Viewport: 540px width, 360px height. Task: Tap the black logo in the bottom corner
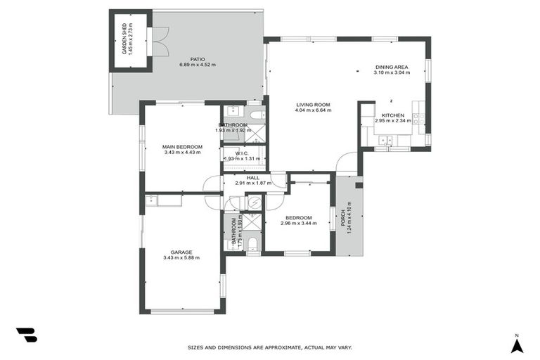click(x=26, y=335)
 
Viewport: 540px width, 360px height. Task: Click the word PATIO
click(x=198, y=59)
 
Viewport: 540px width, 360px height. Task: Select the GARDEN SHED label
click(x=124, y=39)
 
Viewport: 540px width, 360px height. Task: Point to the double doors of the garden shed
click(x=161, y=41)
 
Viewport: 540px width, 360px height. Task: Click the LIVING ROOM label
click(x=312, y=105)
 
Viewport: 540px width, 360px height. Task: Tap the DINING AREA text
click(x=391, y=67)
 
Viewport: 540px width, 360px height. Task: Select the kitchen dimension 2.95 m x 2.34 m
click(x=392, y=120)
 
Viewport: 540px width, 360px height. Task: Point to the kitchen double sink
click(x=383, y=141)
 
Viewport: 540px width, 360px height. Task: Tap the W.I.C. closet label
click(x=241, y=153)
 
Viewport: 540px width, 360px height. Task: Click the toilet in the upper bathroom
click(x=256, y=114)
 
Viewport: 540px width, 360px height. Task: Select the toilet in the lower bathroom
click(x=253, y=243)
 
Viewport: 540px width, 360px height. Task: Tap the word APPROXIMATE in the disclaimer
click(x=282, y=347)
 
